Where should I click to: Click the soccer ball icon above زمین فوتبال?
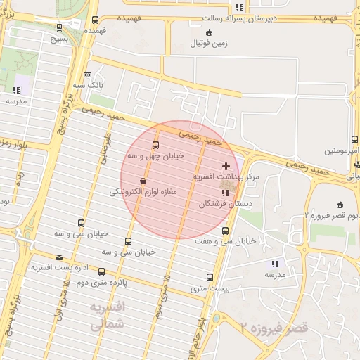click(208, 32)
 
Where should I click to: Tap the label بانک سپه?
click(89, 85)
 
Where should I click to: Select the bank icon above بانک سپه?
click(87, 75)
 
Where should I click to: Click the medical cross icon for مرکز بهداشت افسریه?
click(225, 165)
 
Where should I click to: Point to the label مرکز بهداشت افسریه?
click(226, 176)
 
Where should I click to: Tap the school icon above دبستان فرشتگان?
click(225, 193)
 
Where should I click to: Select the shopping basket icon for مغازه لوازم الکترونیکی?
click(143, 181)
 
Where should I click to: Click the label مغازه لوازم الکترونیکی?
click(143, 191)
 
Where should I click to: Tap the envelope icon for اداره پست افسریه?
click(58, 257)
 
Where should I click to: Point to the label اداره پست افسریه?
click(59, 268)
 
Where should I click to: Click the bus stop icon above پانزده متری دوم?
click(102, 271)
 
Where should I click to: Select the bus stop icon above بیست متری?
click(210, 277)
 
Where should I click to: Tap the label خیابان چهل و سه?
click(155, 155)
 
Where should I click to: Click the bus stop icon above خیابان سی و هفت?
click(225, 231)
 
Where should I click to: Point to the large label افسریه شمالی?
click(107, 316)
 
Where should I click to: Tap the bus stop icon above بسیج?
click(59, 28)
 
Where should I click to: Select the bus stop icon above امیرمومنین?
click(356, 140)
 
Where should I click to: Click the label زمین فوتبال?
click(209, 44)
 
